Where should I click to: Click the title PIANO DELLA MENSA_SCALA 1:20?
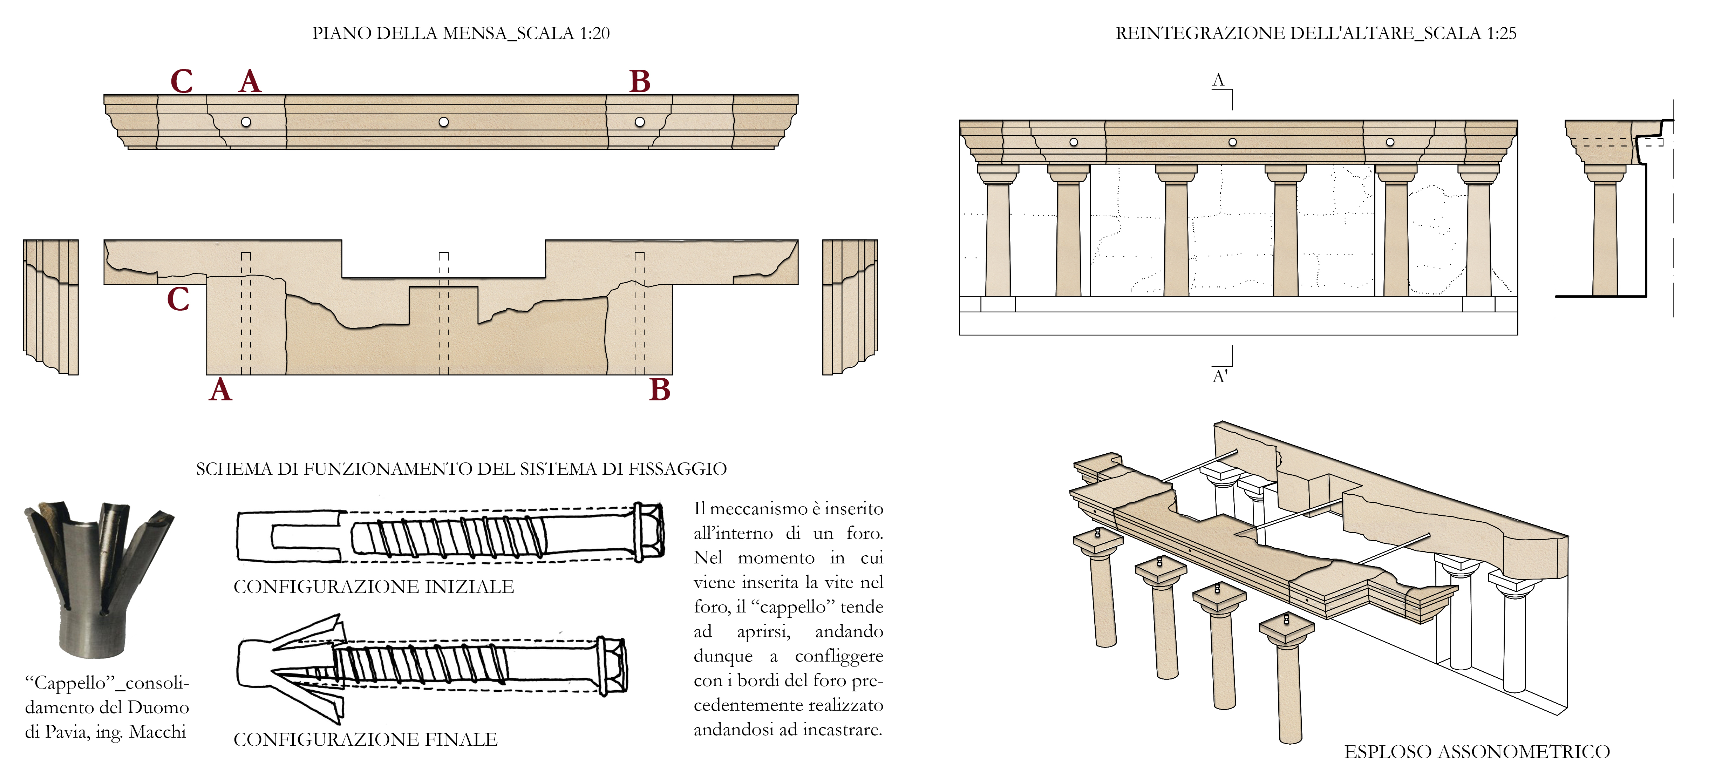coord(461,33)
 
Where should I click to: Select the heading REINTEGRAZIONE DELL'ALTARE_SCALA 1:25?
coord(1315,33)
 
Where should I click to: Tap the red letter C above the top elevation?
coord(182,82)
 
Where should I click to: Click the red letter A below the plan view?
coord(220,390)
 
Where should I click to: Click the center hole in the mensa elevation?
coord(443,122)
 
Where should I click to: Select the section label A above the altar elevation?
coord(1218,81)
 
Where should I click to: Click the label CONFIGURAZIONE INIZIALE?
coord(374,587)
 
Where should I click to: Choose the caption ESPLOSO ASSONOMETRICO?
coord(1477,752)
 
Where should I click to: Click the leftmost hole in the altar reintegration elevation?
coord(1073,142)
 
